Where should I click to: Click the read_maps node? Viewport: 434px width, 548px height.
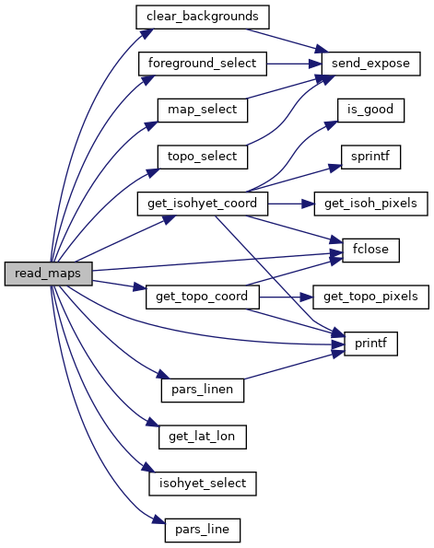pos(48,274)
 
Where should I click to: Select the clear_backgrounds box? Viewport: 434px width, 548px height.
pos(203,17)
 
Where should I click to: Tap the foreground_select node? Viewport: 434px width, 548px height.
pos(203,64)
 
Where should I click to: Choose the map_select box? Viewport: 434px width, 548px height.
pos(203,111)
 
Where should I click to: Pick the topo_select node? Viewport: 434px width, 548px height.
pos(203,157)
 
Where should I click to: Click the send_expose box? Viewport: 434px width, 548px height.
pos(370,64)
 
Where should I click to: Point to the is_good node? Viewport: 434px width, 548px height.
pos(370,111)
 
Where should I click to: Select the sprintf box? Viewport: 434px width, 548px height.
pos(370,157)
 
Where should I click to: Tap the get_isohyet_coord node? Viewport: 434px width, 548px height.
pos(203,204)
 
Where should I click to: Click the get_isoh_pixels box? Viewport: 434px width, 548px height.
pos(370,204)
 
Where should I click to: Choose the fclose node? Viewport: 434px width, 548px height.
pos(370,251)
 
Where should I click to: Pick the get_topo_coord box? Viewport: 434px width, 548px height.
pos(203,297)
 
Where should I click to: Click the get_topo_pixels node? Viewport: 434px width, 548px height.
pos(370,297)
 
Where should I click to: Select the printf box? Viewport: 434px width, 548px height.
pos(370,344)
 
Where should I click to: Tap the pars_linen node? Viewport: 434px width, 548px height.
pos(203,391)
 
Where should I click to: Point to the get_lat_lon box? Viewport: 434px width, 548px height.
pos(203,437)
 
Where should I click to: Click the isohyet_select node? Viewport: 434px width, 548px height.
pos(203,484)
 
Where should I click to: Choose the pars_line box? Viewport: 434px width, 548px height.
pos(203,531)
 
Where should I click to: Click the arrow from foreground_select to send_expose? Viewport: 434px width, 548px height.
pos(294,64)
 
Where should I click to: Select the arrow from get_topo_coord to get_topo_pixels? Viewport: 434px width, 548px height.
pos(286,297)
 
